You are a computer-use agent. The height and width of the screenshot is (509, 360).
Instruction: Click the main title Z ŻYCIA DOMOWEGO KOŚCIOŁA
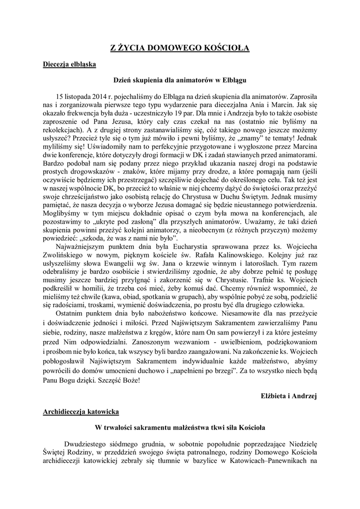pyautogui.click(x=180, y=48)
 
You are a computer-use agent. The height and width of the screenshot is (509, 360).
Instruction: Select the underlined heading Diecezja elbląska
pyautogui.click(x=69, y=65)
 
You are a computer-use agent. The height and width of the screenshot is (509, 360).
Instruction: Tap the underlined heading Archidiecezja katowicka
pyautogui.click(x=81, y=412)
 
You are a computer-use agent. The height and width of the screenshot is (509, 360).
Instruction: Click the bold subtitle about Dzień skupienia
pyautogui.click(x=180, y=79)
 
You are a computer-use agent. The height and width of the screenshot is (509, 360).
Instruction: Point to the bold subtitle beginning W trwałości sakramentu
pyautogui.click(x=180, y=427)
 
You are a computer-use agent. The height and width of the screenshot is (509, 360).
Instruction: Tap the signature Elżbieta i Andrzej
pyautogui.click(x=289, y=396)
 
